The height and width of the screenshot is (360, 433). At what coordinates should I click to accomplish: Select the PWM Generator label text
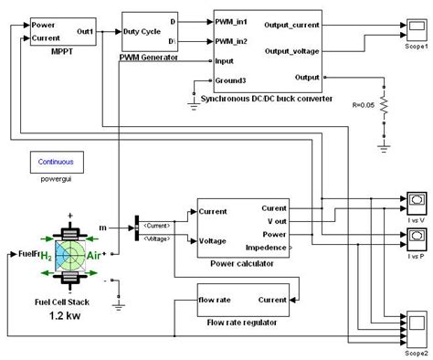(150, 58)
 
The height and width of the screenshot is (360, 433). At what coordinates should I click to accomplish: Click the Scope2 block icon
(419, 324)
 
